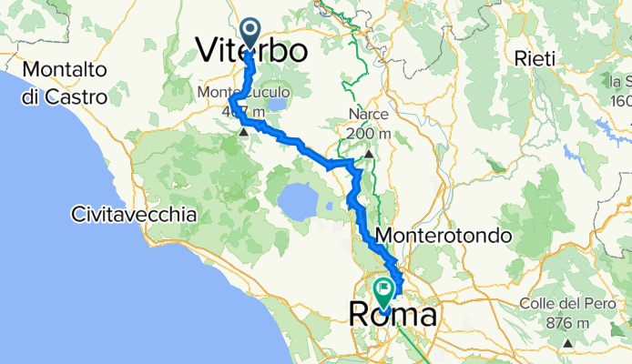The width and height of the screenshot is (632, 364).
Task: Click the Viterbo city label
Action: pos(251,51)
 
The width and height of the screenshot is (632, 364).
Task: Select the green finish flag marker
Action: pos(383,292)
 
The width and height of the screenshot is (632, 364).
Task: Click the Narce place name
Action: pos(367,115)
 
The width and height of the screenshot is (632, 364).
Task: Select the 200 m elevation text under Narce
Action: pos(369,133)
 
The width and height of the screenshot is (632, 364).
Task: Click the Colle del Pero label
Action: pos(563,303)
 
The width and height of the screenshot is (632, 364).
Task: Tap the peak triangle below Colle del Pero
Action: pos(566,343)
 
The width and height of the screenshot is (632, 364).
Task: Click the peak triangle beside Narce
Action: pos(369,155)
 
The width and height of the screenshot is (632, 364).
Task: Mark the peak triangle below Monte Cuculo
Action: pos(245,133)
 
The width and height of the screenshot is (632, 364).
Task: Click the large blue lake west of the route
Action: pos(297,196)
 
